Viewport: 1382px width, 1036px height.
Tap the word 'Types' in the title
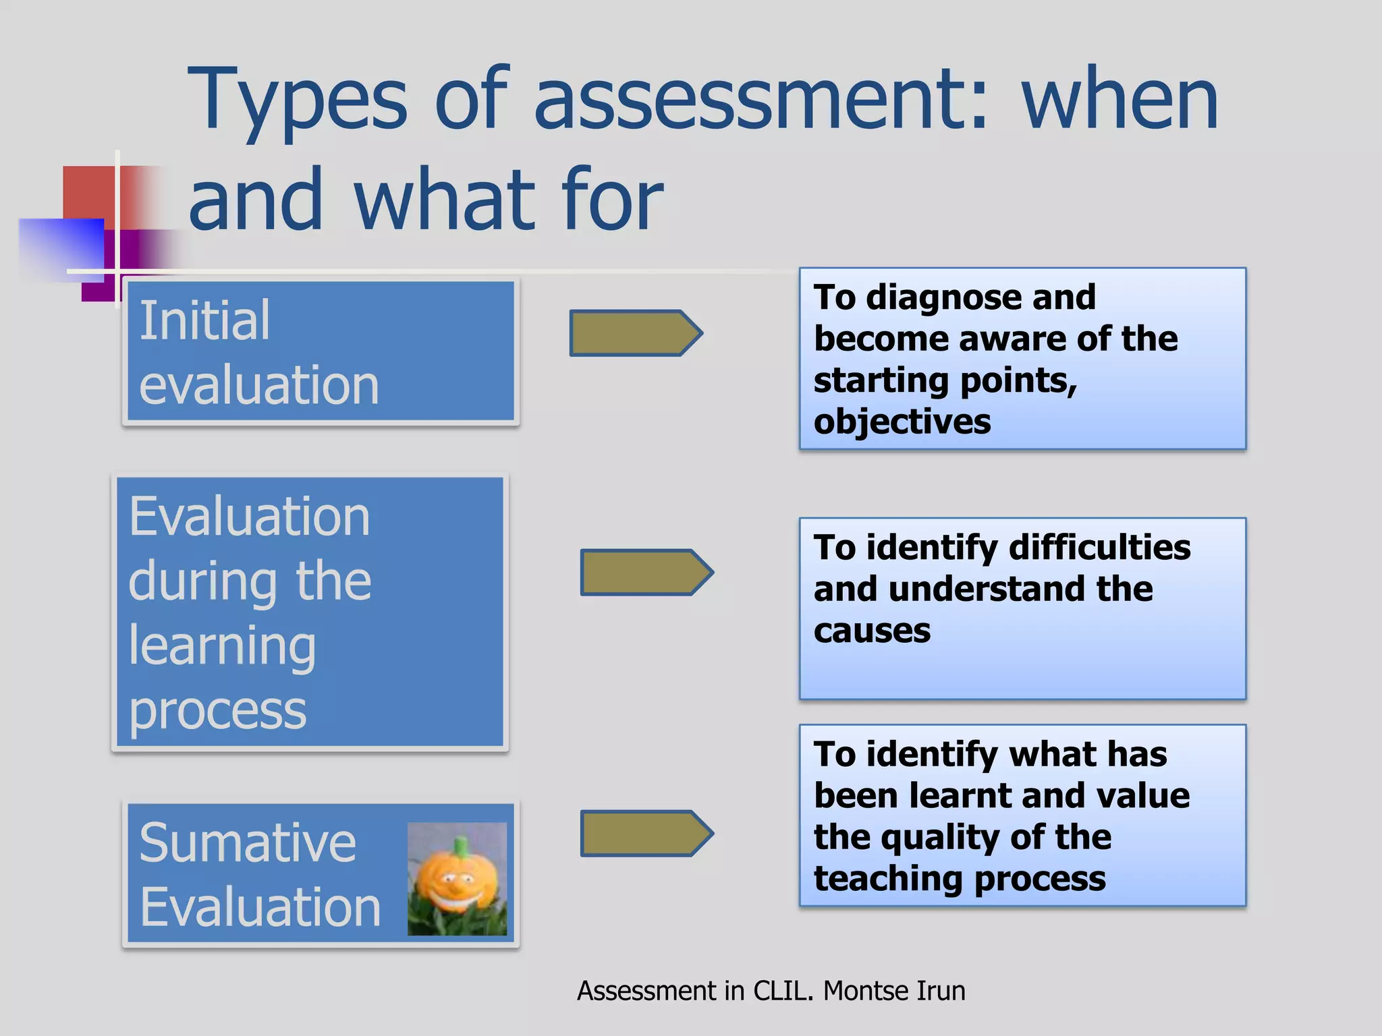(298, 101)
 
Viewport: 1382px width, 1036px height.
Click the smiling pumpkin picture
(457, 878)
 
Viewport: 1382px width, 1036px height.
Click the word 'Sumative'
(247, 842)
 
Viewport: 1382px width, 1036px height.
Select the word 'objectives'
(902, 422)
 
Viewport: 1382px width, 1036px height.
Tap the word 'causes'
(872, 631)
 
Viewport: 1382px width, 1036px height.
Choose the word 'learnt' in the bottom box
(961, 796)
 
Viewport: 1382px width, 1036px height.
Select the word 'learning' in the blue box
(222, 646)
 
